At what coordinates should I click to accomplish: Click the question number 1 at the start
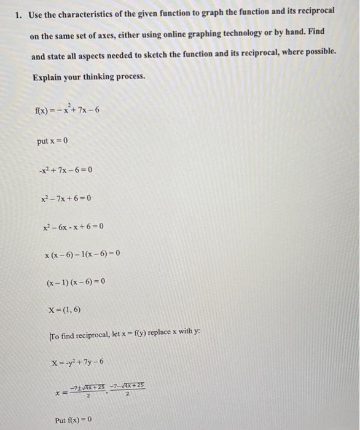click(x=18, y=14)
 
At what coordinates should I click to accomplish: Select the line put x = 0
click(x=52, y=141)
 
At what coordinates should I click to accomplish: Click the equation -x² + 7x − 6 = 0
click(x=64, y=170)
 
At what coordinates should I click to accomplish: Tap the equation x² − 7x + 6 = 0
click(x=65, y=198)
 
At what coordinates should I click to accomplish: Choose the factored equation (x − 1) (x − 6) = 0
click(x=76, y=282)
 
